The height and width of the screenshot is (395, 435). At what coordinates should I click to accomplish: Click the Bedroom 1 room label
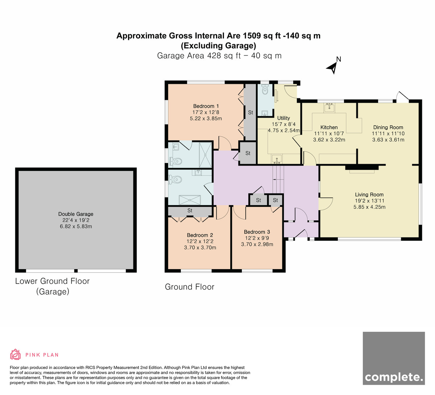206,106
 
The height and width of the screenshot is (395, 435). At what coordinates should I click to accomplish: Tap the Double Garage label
76,214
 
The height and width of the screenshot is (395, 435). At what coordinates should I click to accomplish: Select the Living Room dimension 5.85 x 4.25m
369,207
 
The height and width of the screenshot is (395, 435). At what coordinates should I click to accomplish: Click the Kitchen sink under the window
330,108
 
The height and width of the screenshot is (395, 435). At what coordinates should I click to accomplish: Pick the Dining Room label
388,127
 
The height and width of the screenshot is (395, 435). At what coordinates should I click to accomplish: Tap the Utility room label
283,118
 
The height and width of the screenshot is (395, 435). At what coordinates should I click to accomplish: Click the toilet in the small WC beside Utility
265,90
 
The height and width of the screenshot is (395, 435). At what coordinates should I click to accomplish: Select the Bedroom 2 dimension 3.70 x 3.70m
200,248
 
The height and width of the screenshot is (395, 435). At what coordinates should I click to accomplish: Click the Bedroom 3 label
257,232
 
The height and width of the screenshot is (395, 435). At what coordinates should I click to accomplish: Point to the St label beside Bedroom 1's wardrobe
250,112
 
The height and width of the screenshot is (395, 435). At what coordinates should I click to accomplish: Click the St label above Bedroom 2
190,210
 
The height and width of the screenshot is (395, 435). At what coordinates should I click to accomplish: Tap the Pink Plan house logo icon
15,354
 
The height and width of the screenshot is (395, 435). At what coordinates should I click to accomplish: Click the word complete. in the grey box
394,377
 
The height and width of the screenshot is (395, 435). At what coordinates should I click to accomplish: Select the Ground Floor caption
190,287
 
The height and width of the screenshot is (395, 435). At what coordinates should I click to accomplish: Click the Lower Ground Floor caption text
52,281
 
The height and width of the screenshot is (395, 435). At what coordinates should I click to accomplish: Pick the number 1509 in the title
252,36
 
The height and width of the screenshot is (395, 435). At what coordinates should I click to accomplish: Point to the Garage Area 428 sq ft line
219,56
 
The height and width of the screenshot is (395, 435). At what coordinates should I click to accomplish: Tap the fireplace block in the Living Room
362,168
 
